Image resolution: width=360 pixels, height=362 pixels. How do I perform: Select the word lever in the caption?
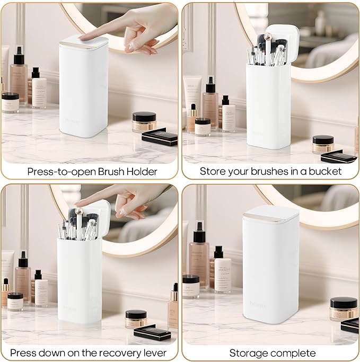point(154,352)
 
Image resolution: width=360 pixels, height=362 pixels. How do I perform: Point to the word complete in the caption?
point(295,352)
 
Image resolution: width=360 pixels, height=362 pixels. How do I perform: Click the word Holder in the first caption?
point(143,171)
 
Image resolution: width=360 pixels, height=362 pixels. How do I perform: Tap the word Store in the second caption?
point(211,171)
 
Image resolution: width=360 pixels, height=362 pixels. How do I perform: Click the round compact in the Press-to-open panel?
point(144,121)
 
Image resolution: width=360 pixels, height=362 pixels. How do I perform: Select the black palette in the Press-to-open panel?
point(160,137)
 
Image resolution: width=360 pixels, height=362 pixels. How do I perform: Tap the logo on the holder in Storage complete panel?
point(258,304)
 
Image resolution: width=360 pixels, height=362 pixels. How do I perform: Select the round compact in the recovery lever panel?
point(136,319)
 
